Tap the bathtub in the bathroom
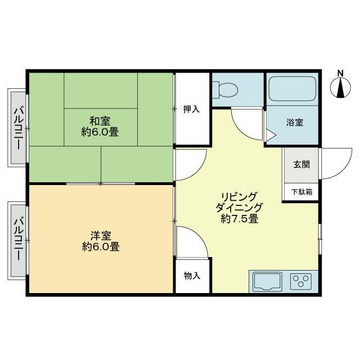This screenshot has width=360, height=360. point(292,89)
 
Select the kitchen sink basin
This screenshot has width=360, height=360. point(268,282)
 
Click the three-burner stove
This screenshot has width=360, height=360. point(301,281)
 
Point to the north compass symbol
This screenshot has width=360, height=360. point(340,88)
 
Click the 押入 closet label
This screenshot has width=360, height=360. point(191,109)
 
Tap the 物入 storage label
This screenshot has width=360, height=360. point(192,276)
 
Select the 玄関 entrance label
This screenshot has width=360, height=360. point(301,164)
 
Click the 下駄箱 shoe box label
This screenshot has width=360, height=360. point(301,192)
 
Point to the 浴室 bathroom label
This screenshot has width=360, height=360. point(295,122)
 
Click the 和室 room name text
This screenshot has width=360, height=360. point(100,121)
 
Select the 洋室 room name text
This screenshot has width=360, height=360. point(101,236)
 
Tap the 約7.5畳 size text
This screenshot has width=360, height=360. point(239,219)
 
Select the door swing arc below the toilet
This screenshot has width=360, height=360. point(241,132)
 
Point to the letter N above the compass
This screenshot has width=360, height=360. point(340,73)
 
